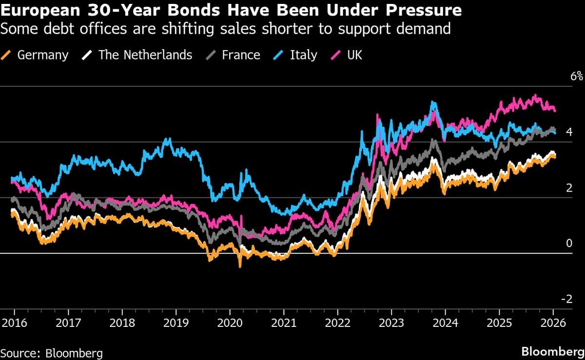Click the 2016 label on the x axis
[x=15, y=323]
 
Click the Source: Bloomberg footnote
[x=51, y=352]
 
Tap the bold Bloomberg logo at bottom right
[x=550, y=352]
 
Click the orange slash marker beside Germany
[x=7, y=55]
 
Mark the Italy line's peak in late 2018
[x=168, y=139]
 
